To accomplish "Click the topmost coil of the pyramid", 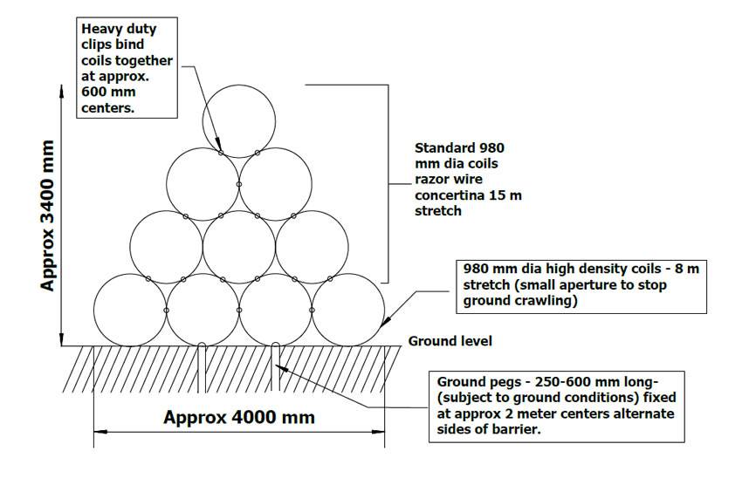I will (x=238, y=120).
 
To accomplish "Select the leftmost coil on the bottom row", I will (x=129, y=310).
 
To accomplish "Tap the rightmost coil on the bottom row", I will (x=348, y=310).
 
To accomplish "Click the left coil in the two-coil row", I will (x=203, y=184).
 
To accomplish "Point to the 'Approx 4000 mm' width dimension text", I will (x=238, y=417).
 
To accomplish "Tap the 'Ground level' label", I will (x=450, y=341).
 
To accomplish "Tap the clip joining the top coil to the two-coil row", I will (x=222, y=153).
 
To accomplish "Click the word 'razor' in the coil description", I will (x=433, y=180).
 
